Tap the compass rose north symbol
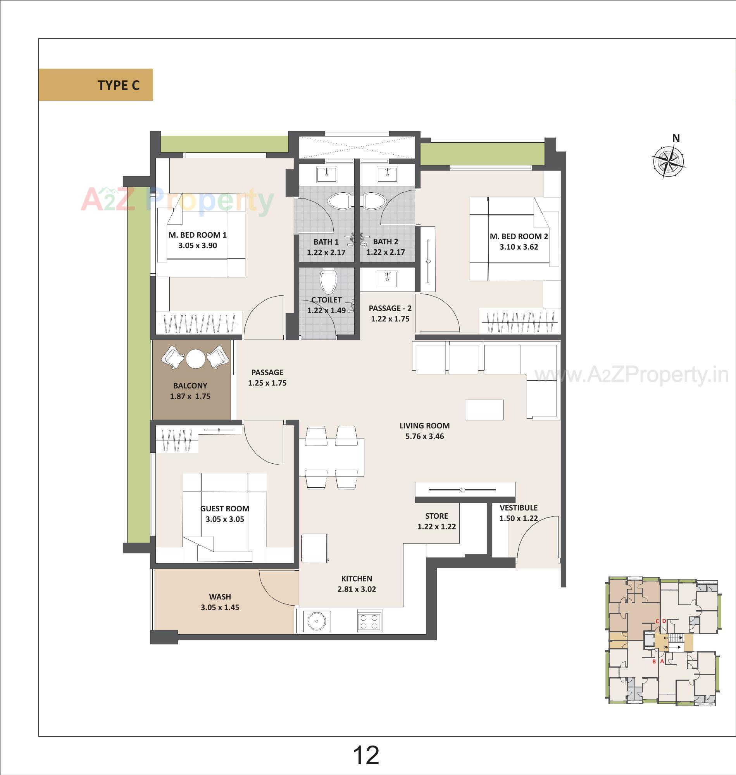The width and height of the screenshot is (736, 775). click(x=668, y=161)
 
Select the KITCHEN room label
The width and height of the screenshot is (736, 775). click(x=356, y=578)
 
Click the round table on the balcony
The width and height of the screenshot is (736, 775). click(x=195, y=358)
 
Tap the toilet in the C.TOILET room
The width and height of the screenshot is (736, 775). click(x=328, y=281)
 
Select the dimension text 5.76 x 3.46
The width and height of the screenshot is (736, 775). click(x=424, y=436)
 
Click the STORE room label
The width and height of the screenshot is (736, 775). click(x=436, y=516)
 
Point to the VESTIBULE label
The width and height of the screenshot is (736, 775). click(x=518, y=508)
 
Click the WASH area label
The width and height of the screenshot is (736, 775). click(x=220, y=596)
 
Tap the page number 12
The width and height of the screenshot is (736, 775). click(x=366, y=755)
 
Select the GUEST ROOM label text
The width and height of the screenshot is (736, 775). click(x=225, y=509)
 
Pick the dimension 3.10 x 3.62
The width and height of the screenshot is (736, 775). click(x=519, y=247)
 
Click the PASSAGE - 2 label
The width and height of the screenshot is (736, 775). click(x=390, y=309)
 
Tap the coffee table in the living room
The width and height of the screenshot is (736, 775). click(x=484, y=410)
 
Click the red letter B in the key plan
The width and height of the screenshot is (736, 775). click(x=653, y=661)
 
